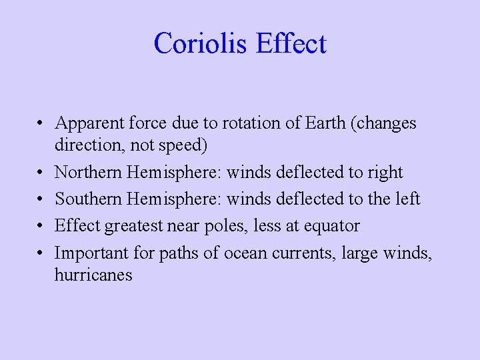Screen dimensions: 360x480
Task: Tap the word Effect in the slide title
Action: coord(290,44)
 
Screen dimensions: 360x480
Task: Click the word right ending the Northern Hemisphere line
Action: coord(385,173)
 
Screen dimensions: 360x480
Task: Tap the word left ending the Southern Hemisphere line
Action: coord(408,199)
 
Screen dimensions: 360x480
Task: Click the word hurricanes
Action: coord(93,275)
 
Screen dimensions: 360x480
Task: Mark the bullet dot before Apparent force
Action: coord(41,124)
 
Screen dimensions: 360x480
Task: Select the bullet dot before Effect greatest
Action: coord(41,227)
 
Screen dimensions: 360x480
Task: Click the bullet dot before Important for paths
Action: coord(41,253)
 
